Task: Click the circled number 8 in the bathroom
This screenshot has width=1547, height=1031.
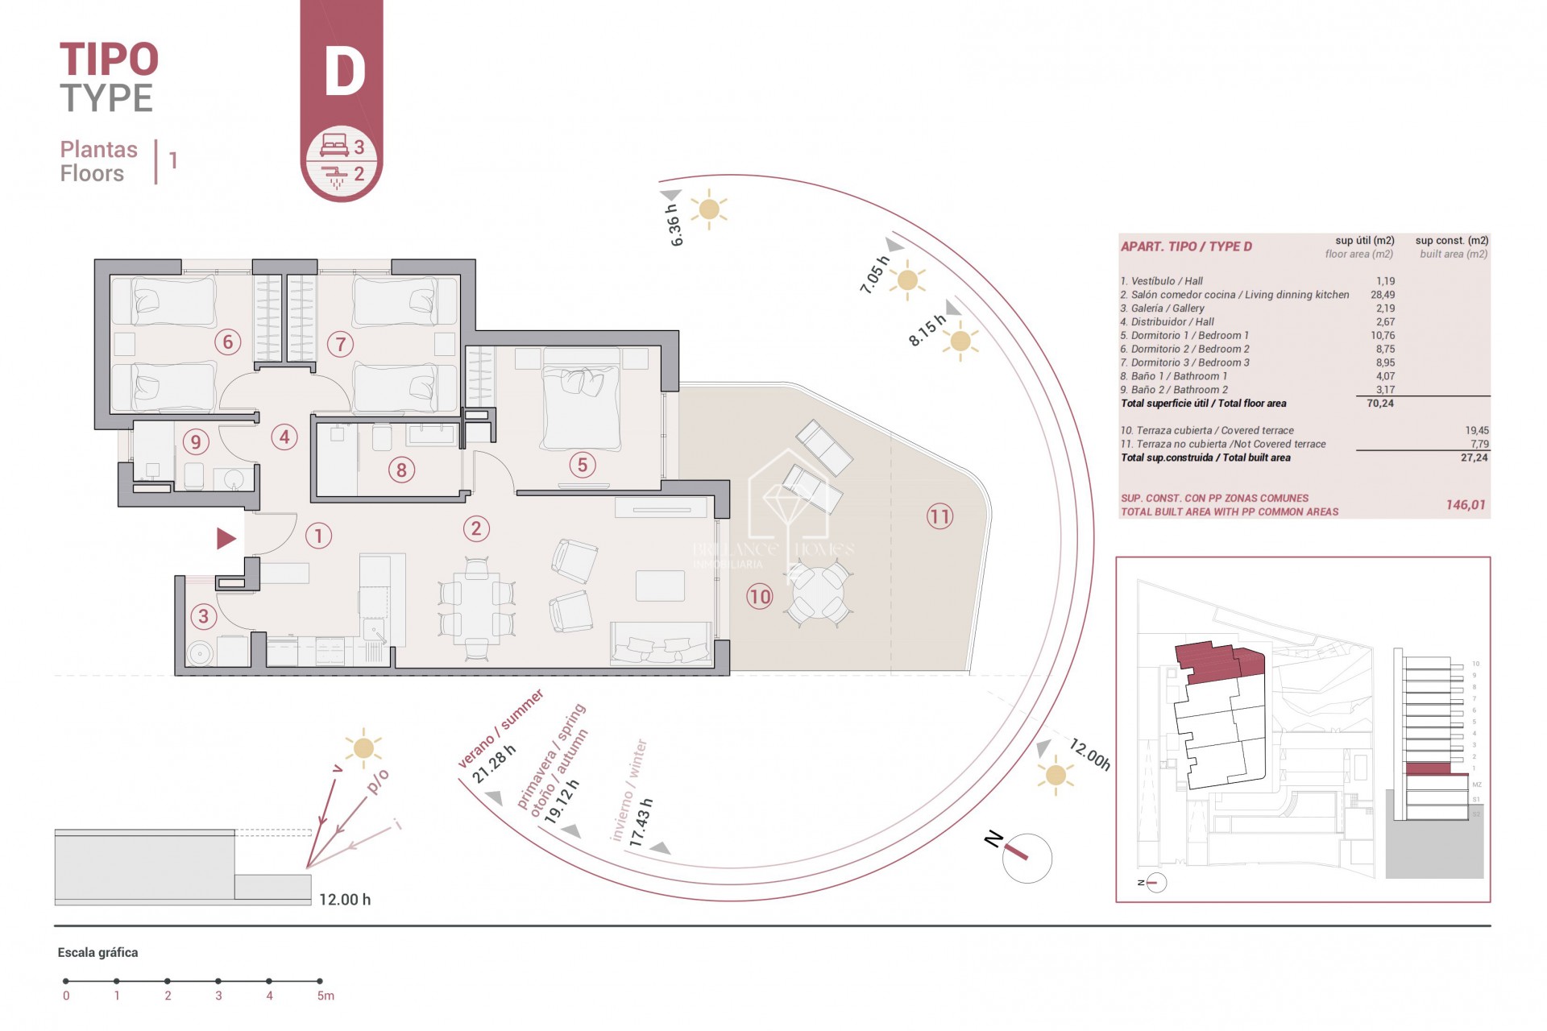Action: pyautogui.click(x=401, y=470)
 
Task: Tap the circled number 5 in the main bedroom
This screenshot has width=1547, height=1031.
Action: pyautogui.click(x=582, y=465)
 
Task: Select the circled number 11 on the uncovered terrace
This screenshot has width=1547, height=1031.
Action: pyautogui.click(x=939, y=516)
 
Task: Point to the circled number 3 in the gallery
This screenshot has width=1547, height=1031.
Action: pyautogui.click(x=203, y=617)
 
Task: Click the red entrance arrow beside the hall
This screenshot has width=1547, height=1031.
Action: pyautogui.click(x=226, y=538)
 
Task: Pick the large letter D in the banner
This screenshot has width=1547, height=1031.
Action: pyautogui.click(x=344, y=72)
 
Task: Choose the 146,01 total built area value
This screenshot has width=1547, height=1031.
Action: pyautogui.click(x=1465, y=505)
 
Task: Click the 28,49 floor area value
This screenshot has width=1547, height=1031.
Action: pyautogui.click(x=1382, y=295)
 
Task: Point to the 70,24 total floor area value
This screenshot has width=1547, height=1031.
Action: pyautogui.click(x=1379, y=404)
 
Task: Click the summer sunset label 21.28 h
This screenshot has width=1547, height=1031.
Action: pyautogui.click(x=493, y=764)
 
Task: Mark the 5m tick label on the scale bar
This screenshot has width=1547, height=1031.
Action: pyautogui.click(x=325, y=996)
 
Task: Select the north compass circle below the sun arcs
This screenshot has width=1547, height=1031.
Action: pyautogui.click(x=1027, y=858)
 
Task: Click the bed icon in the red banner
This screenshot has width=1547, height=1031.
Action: pyautogui.click(x=334, y=146)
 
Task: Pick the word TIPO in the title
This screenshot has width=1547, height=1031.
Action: pyautogui.click(x=109, y=60)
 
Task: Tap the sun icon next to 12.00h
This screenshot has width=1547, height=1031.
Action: pyautogui.click(x=1055, y=776)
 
